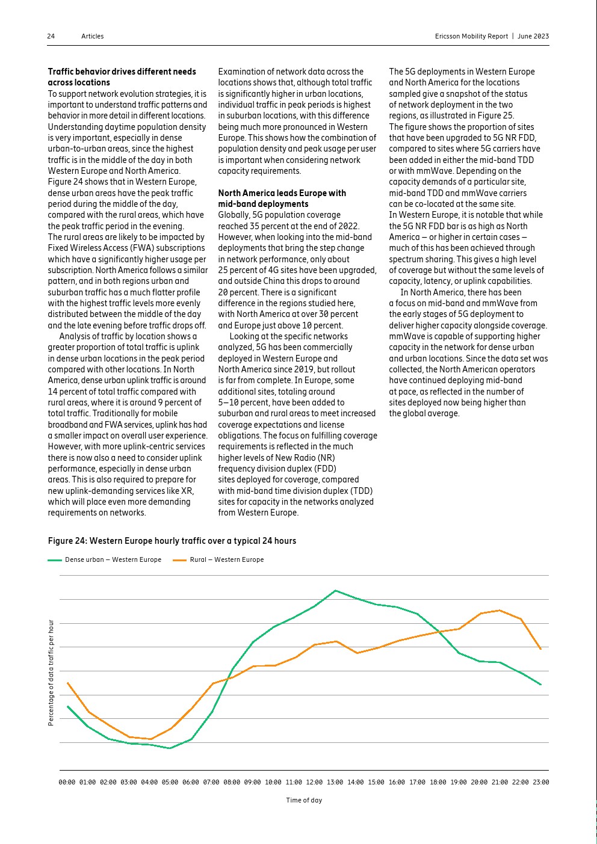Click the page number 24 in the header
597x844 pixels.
pyautogui.click(x=51, y=36)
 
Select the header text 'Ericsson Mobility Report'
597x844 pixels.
pyautogui.click(x=471, y=36)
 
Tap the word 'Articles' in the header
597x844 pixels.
pyautogui.click(x=93, y=36)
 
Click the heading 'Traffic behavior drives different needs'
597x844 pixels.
pyautogui.click(x=122, y=72)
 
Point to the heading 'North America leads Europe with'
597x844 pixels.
pyautogui.click(x=282, y=193)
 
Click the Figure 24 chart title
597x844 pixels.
pyautogui.click(x=172, y=541)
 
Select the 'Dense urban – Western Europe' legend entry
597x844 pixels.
pyautogui.click(x=105, y=559)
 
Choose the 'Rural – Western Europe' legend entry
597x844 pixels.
pyautogui.click(x=219, y=559)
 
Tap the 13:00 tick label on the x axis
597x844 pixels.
pyautogui.click(x=335, y=782)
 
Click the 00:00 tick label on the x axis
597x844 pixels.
pyautogui.click(x=67, y=782)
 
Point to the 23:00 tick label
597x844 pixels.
pyautogui.click(x=541, y=782)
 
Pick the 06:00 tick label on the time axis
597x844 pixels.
pyautogui.click(x=191, y=782)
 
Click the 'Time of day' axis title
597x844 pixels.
pyautogui.click(x=304, y=800)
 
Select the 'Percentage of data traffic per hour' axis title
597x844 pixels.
pyautogui.click(x=51, y=673)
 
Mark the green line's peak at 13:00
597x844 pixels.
pyautogui.click(x=335, y=591)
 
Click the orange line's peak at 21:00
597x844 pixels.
pyautogui.click(x=500, y=611)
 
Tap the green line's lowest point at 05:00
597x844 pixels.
pyautogui.click(x=170, y=748)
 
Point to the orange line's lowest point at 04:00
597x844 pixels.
pyautogui.click(x=150, y=739)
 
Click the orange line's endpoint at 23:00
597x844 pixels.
pyautogui.click(x=541, y=649)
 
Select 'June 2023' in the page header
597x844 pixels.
pyautogui.click(x=533, y=36)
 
